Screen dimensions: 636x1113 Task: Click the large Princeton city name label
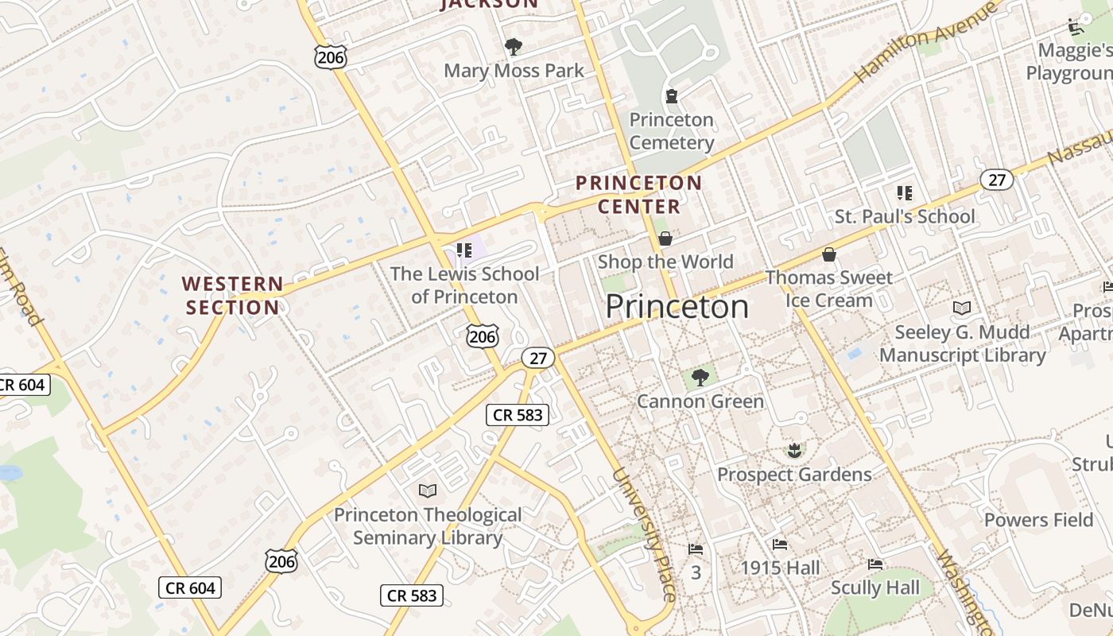click(677, 307)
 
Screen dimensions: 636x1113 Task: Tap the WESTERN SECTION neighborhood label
click(232, 296)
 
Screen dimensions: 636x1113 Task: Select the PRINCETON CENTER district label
click(639, 195)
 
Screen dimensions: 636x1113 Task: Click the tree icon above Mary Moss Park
click(514, 47)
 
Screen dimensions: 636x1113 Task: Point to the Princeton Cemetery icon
click(672, 96)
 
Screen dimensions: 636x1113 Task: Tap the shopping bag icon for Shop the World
click(665, 238)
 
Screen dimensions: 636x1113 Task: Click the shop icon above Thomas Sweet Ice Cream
click(829, 254)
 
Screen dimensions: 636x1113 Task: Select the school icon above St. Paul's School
click(904, 192)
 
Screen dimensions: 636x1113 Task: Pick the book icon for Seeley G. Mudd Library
click(962, 308)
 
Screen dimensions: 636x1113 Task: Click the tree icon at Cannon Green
click(700, 378)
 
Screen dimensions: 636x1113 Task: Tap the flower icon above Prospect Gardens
click(793, 452)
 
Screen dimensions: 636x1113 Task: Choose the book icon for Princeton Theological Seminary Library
click(428, 491)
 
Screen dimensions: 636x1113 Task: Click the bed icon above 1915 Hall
click(780, 545)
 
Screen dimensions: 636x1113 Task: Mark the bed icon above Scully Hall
click(875, 564)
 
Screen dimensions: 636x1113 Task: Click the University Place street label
click(645, 534)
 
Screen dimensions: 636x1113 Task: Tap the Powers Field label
click(1038, 520)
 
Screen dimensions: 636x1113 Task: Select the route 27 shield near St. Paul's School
click(996, 180)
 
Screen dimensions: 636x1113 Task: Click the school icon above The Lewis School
click(465, 251)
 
